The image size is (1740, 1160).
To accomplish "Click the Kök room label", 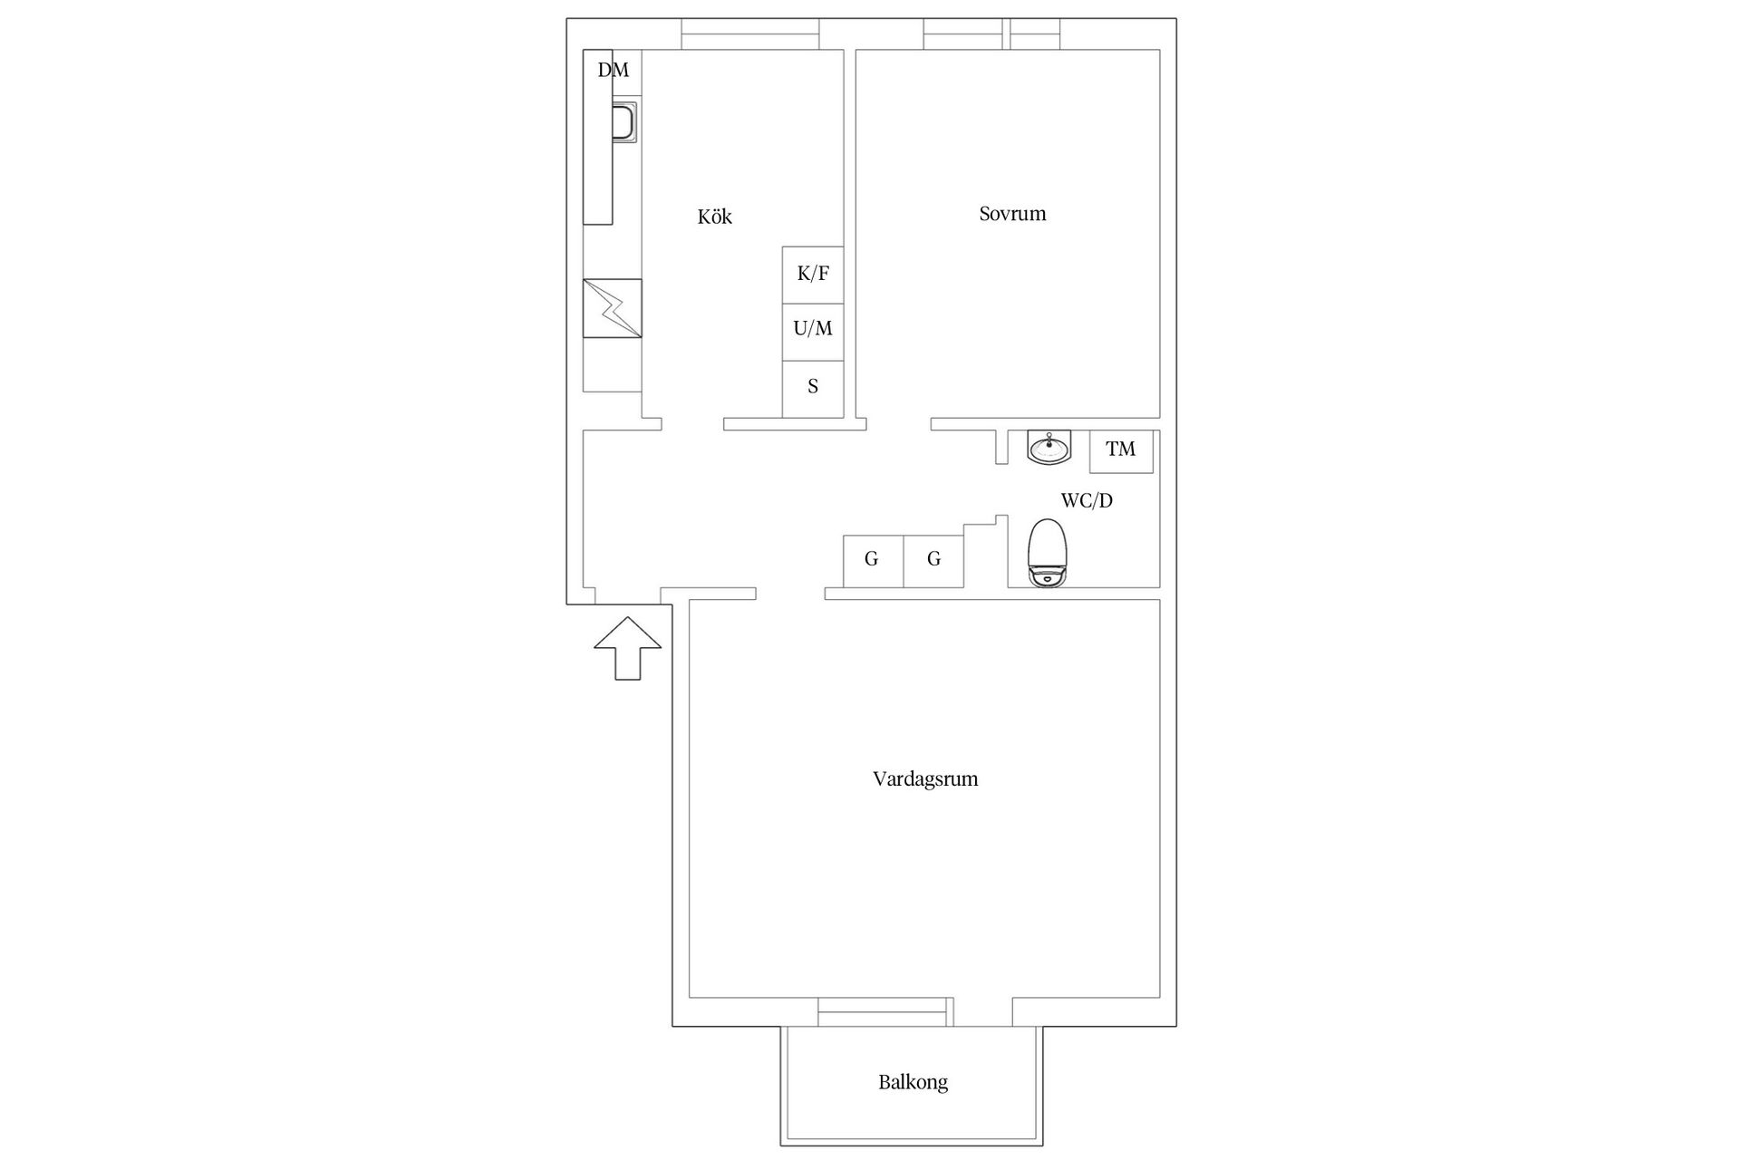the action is pyautogui.click(x=714, y=217).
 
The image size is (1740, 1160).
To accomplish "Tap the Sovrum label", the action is pyautogui.click(x=1012, y=214).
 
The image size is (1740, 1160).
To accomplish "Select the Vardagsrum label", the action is pyautogui.click(x=925, y=778).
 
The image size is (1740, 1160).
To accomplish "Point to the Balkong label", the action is pyautogui.click(x=913, y=1082).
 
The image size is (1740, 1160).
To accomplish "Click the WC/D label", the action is pyautogui.click(x=1087, y=500).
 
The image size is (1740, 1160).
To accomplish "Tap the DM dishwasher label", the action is pyautogui.click(x=613, y=70).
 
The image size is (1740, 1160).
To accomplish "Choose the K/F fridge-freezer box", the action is pyautogui.click(x=813, y=275).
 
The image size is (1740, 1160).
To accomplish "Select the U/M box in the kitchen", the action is pyautogui.click(x=813, y=332).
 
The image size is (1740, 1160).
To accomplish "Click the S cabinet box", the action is pyautogui.click(x=813, y=389).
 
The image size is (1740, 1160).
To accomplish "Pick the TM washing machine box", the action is pyautogui.click(x=1121, y=451).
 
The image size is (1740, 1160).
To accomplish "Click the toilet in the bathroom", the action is pyautogui.click(x=1049, y=553).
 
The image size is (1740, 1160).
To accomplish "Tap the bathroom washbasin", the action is pyautogui.click(x=1049, y=448).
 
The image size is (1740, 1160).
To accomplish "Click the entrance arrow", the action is pyautogui.click(x=627, y=648).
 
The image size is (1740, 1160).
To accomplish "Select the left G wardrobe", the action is pyautogui.click(x=873, y=562).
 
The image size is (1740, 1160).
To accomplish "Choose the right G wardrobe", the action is pyautogui.click(x=933, y=562).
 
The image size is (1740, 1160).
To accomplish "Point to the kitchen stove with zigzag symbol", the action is pyautogui.click(x=612, y=308).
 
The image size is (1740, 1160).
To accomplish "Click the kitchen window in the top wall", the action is pyautogui.click(x=750, y=34).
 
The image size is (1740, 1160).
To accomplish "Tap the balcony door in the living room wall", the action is pyautogui.click(x=885, y=1011).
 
